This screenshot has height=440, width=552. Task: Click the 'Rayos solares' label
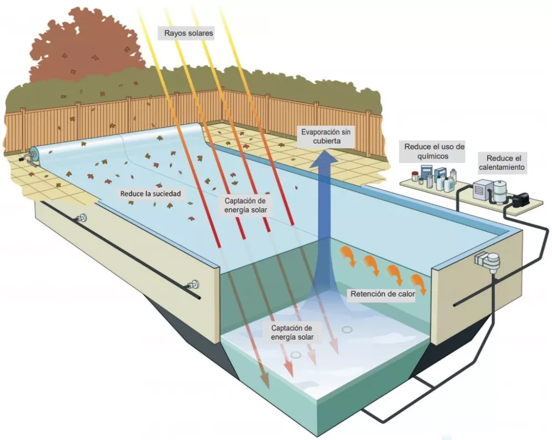coord(189,33)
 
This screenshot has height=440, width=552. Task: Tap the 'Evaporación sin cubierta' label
coord(325,136)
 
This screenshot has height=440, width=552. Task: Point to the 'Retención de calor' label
coord(383,294)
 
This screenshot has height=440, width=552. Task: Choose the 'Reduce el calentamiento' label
coord(506,163)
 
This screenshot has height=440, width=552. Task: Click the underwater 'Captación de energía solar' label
coord(292,333)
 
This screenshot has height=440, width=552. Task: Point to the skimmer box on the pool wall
coord(485,261)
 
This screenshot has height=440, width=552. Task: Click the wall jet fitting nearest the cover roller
coord(82,218)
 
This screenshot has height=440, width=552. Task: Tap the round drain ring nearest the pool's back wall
coord(347,329)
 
